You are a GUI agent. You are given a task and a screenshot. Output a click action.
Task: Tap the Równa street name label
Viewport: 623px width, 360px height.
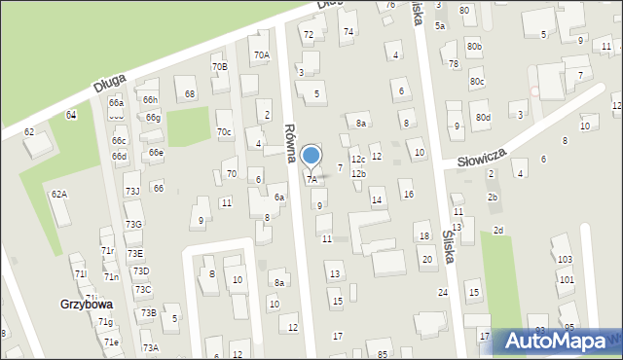point(289,142)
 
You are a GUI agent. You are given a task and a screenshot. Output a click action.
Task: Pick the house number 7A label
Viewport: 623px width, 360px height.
point(312,180)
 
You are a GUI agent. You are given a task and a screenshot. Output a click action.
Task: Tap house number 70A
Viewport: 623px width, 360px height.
point(261,55)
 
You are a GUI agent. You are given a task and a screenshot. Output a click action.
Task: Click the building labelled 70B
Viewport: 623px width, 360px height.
point(219,66)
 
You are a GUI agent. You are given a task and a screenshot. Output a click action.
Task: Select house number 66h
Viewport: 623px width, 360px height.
point(150,99)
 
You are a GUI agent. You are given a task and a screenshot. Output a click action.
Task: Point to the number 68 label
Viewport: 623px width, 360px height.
point(190,93)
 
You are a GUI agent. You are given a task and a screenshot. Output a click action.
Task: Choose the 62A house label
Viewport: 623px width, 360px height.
point(59,195)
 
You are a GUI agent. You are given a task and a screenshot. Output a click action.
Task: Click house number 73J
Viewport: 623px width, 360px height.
point(132,191)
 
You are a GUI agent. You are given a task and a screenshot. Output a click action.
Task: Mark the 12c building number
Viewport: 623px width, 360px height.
point(358,159)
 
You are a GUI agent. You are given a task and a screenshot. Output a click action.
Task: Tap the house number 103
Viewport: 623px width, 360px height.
point(565,260)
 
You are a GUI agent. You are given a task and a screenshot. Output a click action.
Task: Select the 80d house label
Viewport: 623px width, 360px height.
point(483,118)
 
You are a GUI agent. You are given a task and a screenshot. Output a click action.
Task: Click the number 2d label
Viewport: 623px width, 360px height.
point(498,230)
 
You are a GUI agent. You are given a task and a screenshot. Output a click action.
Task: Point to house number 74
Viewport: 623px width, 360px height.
point(348,32)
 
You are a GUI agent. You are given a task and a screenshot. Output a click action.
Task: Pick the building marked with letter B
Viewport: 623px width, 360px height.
point(212,273)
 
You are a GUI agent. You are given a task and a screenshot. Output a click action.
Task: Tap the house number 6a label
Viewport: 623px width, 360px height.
point(278,198)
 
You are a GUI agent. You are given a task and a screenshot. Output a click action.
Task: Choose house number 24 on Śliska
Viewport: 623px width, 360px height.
point(443,292)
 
